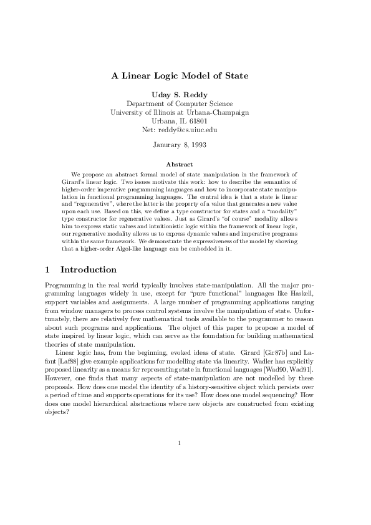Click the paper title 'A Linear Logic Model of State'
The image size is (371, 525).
coord(180,76)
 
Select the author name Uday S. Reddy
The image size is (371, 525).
coord(180,94)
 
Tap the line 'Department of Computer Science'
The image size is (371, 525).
coord(180,104)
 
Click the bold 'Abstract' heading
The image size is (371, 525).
coord(180,164)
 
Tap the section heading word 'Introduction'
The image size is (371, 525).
coord(89,270)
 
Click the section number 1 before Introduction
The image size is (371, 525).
coord(49,270)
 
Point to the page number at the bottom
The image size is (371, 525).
coord(180,444)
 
